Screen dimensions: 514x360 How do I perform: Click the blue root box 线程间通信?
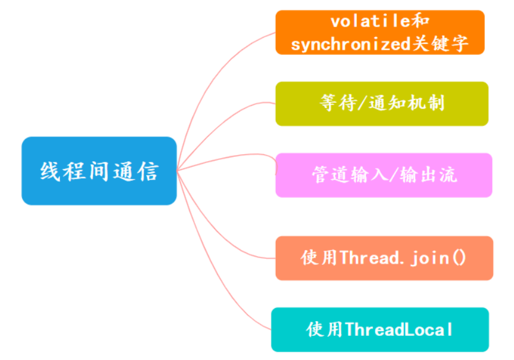click(99, 170)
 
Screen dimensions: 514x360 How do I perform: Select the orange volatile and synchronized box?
click(380, 32)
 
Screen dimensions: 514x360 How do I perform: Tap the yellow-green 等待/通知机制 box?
click(382, 104)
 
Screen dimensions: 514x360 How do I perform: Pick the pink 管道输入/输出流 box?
click(384, 175)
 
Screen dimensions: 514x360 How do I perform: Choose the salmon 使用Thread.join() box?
click(384, 258)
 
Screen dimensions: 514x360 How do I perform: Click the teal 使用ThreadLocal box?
click(380, 330)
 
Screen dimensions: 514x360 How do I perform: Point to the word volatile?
click(370, 22)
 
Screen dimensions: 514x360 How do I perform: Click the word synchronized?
click(350, 44)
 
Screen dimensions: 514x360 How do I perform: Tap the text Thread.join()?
click(403, 258)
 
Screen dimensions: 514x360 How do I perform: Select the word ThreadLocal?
click(399, 330)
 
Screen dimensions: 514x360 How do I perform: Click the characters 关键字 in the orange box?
click(440, 44)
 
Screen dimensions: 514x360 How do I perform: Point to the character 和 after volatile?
click(420, 22)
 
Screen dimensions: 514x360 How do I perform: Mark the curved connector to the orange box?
click(210, 82)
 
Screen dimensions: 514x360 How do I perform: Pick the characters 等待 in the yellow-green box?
click(338, 103)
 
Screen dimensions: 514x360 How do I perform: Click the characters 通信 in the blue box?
click(136, 171)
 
